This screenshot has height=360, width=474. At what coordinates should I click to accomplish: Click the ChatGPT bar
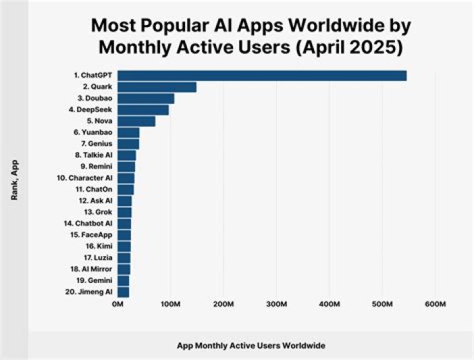tap(262, 76)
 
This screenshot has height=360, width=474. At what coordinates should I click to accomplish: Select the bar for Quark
tap(157, 87)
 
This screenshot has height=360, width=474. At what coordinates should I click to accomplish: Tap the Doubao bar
tap(146, 98)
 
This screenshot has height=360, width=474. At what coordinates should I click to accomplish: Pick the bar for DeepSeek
tap(144, 110)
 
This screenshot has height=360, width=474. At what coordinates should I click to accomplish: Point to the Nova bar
tap(137, 121)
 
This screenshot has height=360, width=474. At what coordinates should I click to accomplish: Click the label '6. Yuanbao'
tap(93, 132)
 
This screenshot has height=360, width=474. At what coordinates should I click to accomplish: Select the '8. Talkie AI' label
tap(92, 155)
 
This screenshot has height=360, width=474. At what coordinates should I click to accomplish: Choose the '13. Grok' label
tap(98, 212)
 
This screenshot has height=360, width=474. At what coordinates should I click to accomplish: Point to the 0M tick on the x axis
tap(118, 304)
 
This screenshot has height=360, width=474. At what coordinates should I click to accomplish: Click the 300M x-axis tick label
tap(276, 304)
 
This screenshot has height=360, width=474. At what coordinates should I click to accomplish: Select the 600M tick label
tap(436, 304)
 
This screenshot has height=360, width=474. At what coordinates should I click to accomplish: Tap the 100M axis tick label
tap(171, 304)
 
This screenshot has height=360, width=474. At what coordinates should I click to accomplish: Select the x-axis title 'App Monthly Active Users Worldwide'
tap(251, 345)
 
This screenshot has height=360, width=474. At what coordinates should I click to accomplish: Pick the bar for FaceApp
tap(124, 235)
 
